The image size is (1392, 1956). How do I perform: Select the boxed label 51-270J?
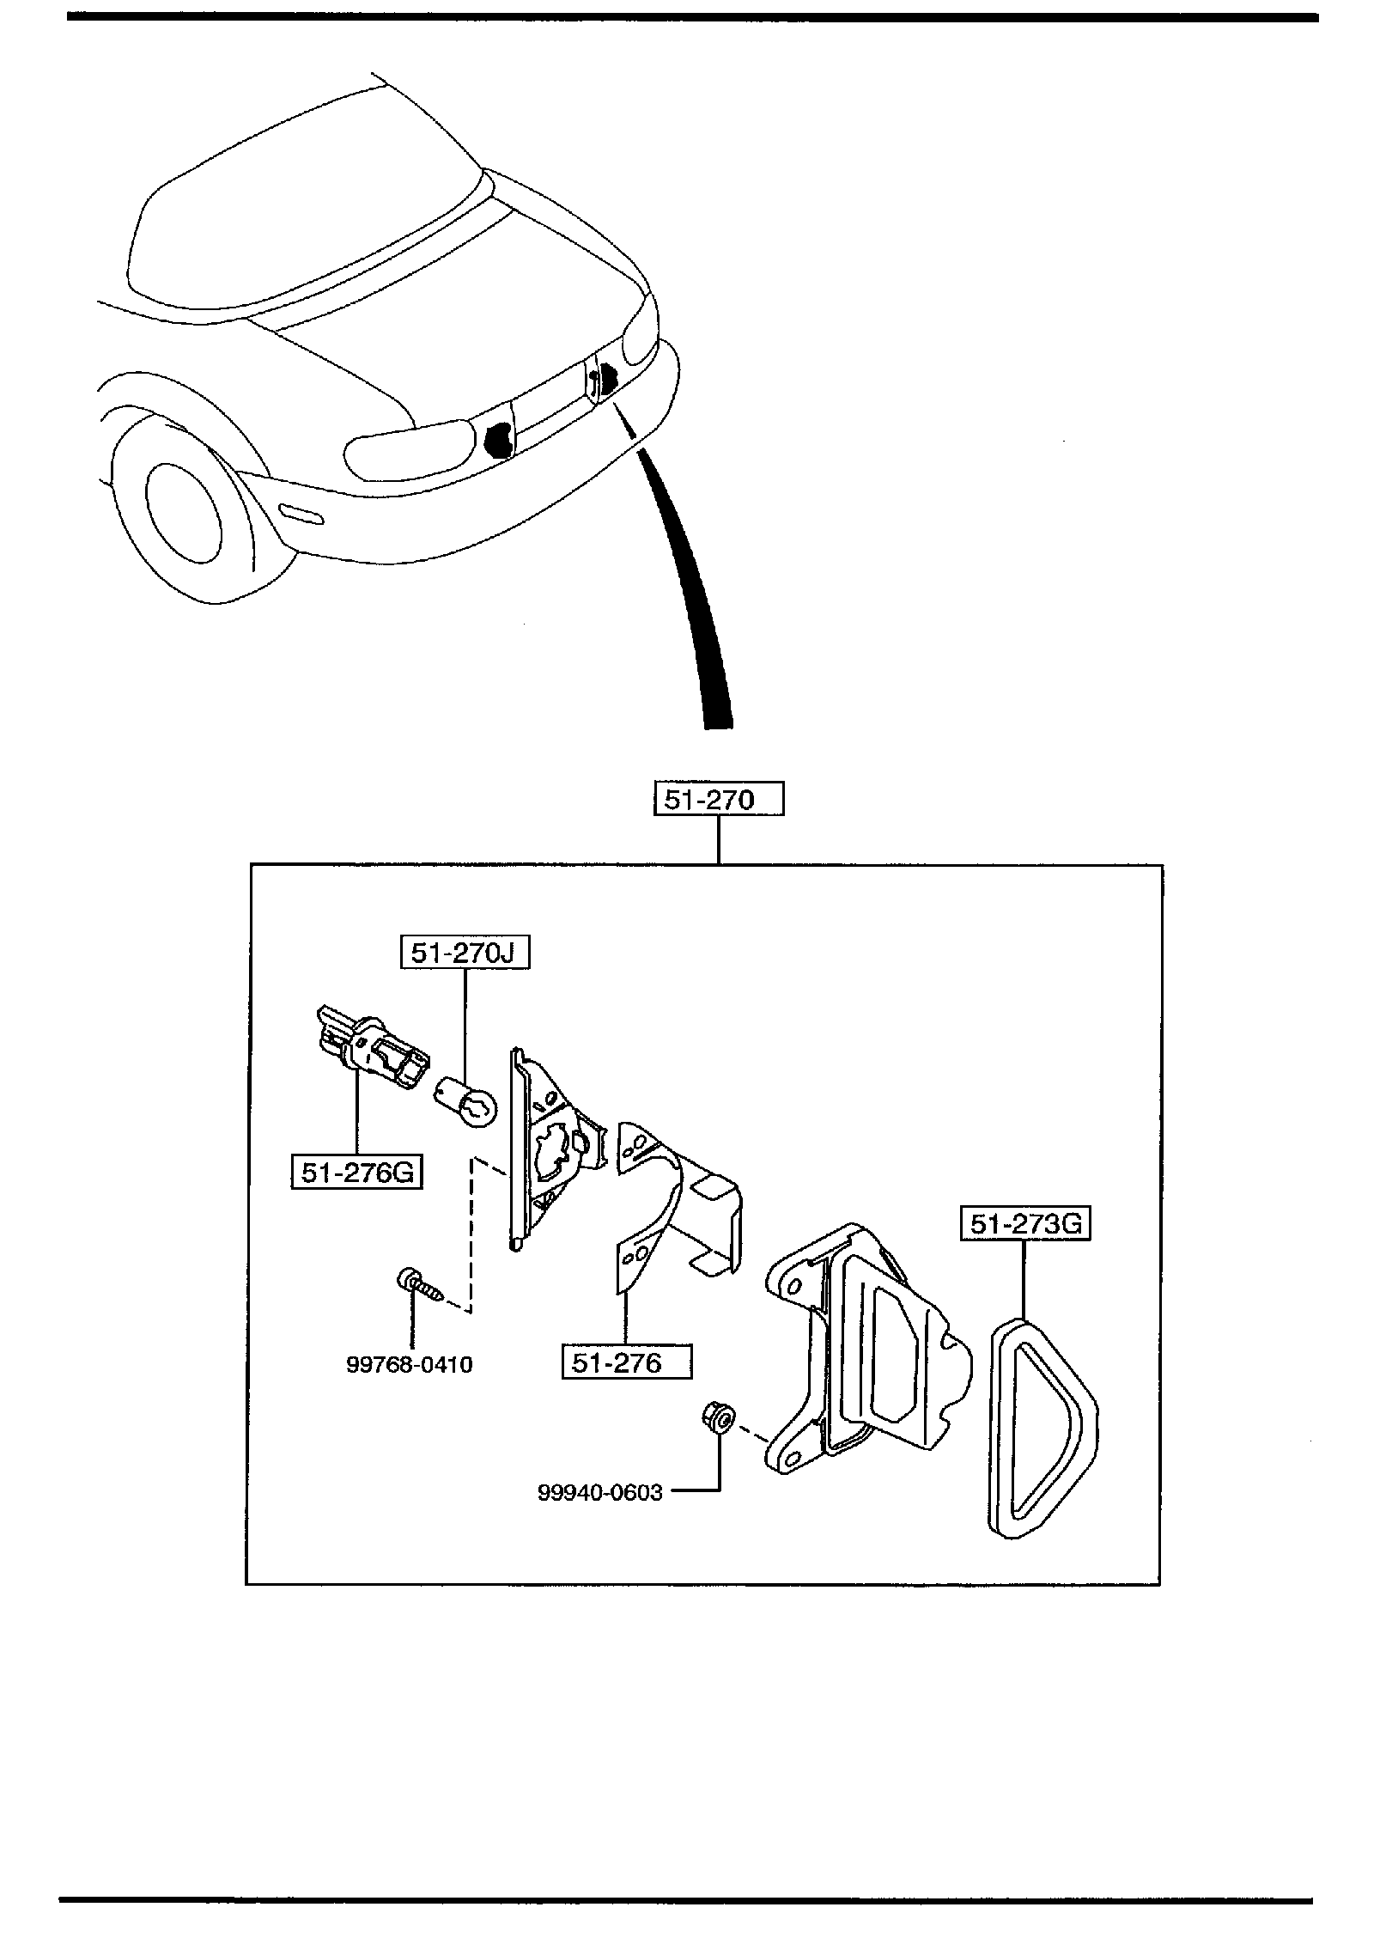[x=465, y=953]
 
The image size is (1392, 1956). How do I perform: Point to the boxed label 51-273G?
[x=1024, y=1224]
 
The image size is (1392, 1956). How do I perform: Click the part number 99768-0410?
[x=410, y=1364]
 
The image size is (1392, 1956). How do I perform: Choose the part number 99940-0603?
[x=600, y=1493]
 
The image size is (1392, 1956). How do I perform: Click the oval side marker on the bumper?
[x=301, y=514]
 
